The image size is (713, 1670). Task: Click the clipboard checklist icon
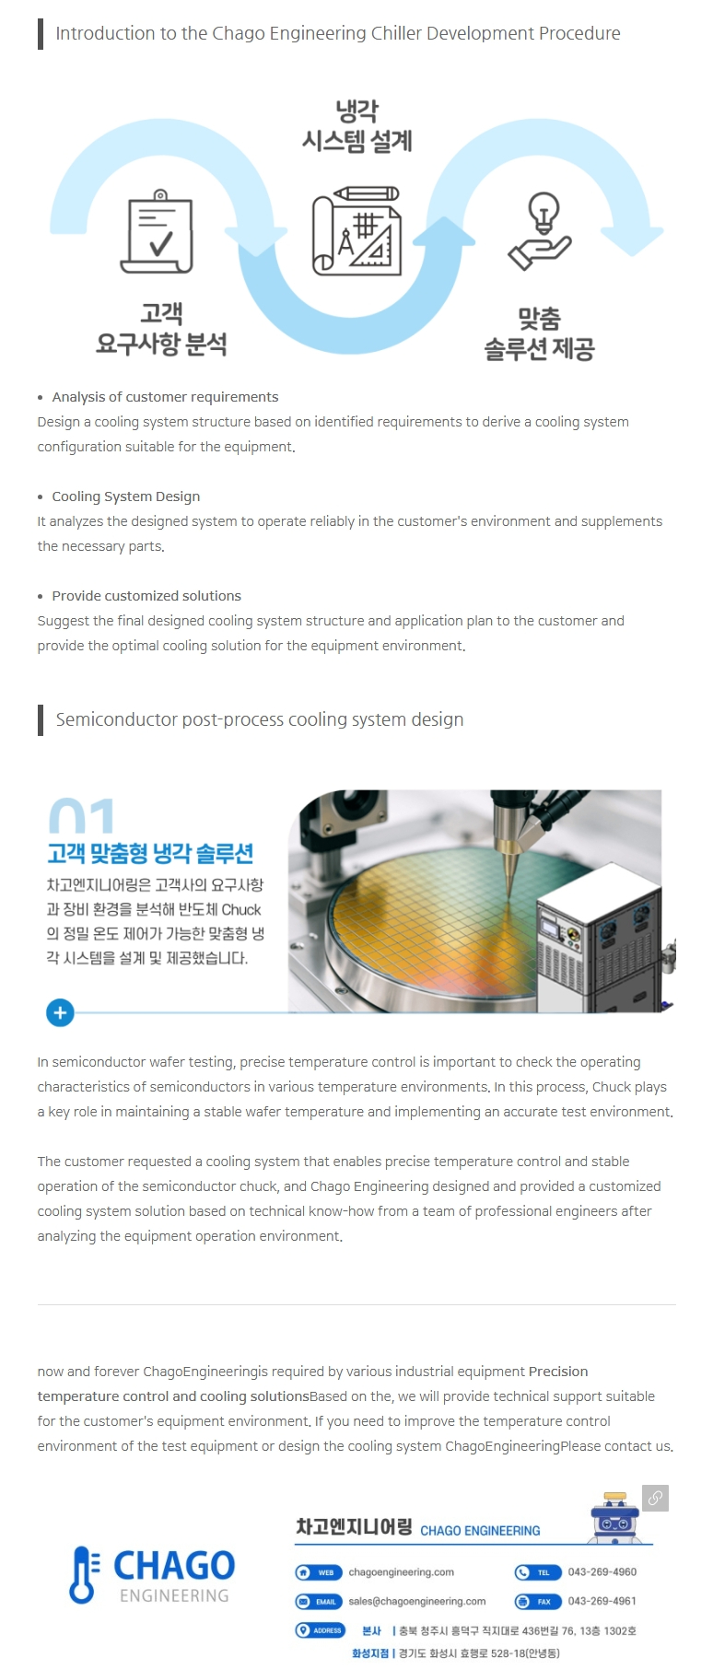click(x=158, y=231)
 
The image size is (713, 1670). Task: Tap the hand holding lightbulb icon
click(x=541, y=230)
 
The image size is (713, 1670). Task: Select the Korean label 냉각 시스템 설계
click(x=356, y=126)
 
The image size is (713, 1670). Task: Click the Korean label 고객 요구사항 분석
click(x=161, y=329)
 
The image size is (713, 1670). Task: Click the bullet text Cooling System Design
click(x=126, y=496)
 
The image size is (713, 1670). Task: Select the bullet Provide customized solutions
click(x=146, y=596)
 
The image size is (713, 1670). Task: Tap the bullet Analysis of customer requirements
click(x=165, y=397)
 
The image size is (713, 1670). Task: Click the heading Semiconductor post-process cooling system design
click(x=260, y=719)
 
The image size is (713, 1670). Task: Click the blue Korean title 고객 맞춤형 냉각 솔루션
click(x=150, y=853)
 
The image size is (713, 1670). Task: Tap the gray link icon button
click(x=655, y=1499)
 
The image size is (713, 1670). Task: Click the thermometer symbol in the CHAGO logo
click(x=83, y=1575)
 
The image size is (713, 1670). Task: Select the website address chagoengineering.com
click(x=401, y=1572)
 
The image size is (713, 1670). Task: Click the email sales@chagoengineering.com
click(x=416, y=1601)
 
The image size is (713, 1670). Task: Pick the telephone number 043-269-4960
click(x=602, y=1572)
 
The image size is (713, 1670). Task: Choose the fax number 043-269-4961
click(x=602, y=1601)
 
